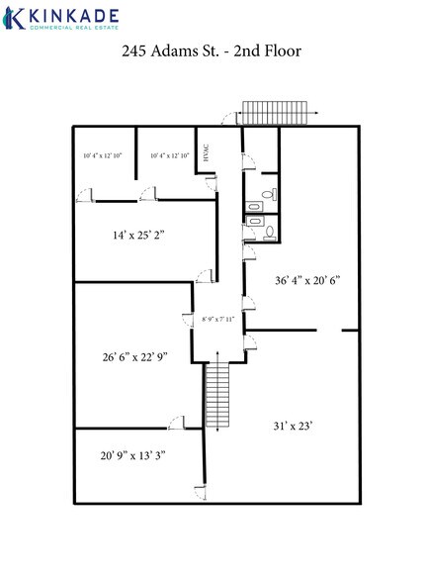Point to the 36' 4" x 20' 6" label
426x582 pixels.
(305, 279)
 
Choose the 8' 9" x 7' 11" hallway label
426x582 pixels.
(220, 320)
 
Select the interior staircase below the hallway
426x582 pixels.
(217, 396)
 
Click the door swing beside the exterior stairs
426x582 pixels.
(229, 118)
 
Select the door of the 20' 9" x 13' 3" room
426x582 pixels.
(175, 422)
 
